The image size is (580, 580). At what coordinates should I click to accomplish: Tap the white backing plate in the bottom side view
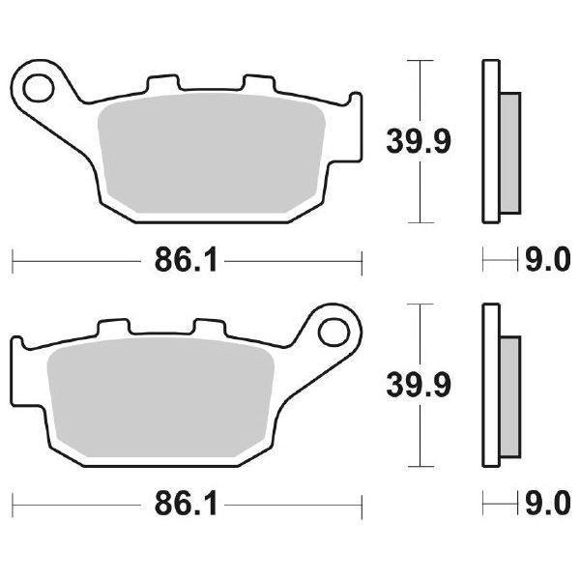(489, 387)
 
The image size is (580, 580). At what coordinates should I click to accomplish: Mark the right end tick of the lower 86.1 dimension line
(362, 504)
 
